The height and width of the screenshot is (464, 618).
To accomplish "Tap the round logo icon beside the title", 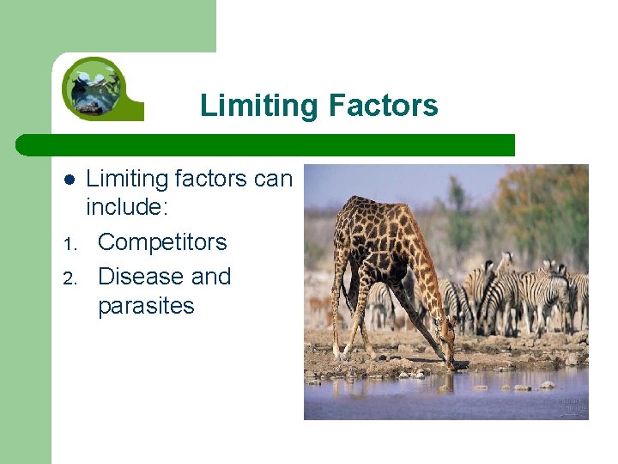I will [95, 88].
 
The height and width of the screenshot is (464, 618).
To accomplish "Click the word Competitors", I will [162, 242].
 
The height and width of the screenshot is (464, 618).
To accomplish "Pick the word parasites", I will [146, 306].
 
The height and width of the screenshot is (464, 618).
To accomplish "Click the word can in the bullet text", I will [273, 180].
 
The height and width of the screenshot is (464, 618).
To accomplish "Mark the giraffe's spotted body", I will [378, 236].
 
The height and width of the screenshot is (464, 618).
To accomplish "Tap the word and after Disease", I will [211, 277].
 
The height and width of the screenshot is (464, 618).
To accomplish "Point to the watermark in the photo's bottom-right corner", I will [570, 406].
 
